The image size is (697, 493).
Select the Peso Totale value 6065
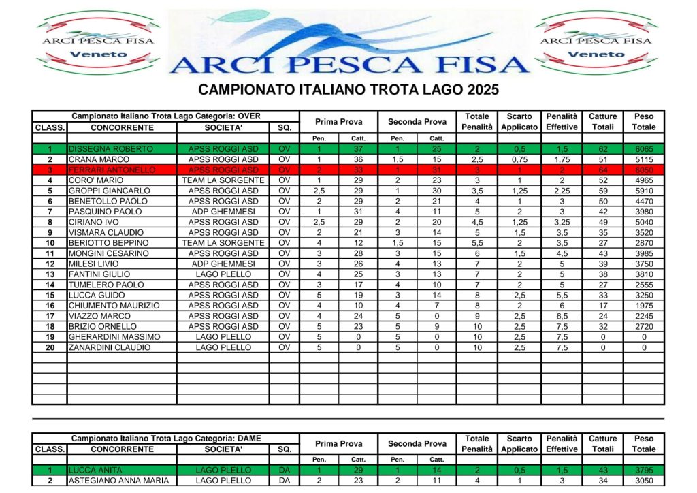(x=643, y=149)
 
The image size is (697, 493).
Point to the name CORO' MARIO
(x=96, y=180)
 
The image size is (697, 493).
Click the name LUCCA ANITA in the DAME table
(x=92, y=471)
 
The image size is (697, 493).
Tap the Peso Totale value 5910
(x=643, y=191)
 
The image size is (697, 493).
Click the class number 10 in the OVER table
(x=50, y=243)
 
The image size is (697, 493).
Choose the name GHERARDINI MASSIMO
(x=114, y=337)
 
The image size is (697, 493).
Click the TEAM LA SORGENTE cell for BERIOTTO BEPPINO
(x=223, y=243)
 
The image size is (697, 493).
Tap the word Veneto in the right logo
(x=596, y=54)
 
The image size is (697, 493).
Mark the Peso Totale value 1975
(x=643, y=306)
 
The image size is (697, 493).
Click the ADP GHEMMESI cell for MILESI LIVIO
(x=223, y=264)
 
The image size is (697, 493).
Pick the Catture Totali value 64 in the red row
(x=602, y=170)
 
